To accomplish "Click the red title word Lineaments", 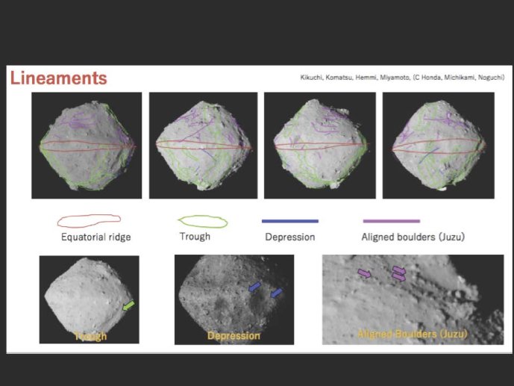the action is (x=59, y=78).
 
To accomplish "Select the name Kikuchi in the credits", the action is (x=311, y=78).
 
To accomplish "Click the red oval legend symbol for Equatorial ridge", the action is (x=89, y=220).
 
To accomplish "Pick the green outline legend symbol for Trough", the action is (x=203, y=222).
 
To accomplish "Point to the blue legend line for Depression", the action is (x=290, y=221).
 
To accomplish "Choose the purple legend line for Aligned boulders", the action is (x=392, y=221).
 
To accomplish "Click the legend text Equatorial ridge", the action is (x=96, y=237).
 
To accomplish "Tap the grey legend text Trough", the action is (x=195, y=237).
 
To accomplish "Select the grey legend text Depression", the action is (x=290, y=237).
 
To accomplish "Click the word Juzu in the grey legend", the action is (x=452, y=237).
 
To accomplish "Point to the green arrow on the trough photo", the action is (x=128, y=305).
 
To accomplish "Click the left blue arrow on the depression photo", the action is (x=254, y=287).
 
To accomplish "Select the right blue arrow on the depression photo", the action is (x=277, y=293).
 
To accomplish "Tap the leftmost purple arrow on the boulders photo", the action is (x=364, y=273).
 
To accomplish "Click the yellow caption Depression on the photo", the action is (x=234, y=336).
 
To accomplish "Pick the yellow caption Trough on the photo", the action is (x=90, y=336).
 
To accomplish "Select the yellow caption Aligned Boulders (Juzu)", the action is (x=413, y=334).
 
